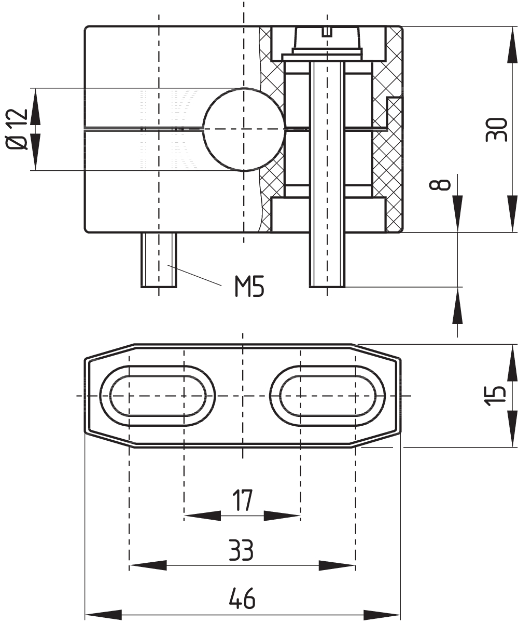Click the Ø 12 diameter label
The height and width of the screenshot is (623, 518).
(x=17, y=129)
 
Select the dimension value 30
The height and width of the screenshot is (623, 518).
(x=497, y=129)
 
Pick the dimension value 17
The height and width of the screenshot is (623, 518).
(x=242, y=500)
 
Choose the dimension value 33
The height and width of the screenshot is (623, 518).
(x=242, y=550)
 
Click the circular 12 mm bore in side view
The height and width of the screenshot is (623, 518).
(x=244, y=129)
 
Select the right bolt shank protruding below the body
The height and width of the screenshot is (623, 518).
(x=327, y=259)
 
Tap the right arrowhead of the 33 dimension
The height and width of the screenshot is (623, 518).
(x=338, y=565)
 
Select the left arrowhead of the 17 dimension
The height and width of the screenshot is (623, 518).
(x=202, y=516)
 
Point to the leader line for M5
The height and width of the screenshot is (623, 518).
(x=197, y=275)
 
